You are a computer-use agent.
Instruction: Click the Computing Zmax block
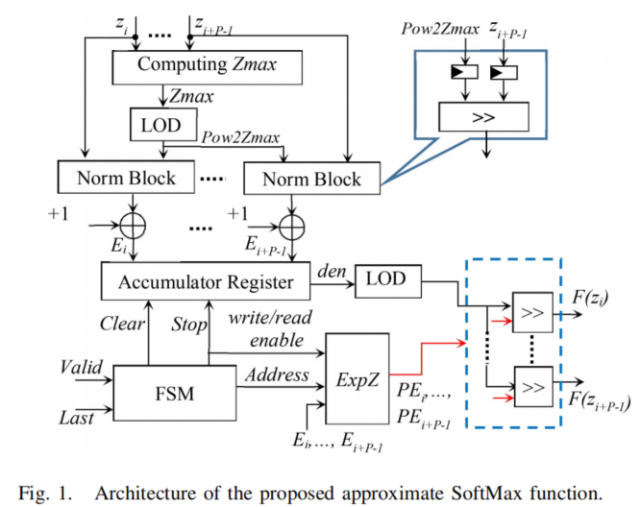click(207, 65)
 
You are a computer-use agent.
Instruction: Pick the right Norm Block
click(312, 179)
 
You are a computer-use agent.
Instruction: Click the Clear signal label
click(123, 325)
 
